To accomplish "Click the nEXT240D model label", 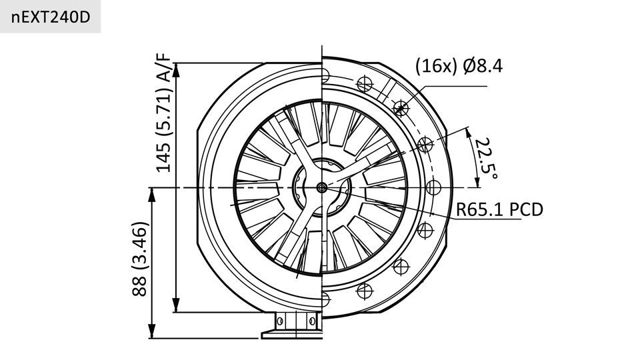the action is (x=50, y=17).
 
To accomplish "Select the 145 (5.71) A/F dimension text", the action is (x=164, y=113).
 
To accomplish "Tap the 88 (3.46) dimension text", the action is (x=139, y=259).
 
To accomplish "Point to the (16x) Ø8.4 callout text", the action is (x=459, y=66).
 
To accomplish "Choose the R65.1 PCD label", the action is (x=499, y=209).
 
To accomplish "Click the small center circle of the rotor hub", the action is (x=321, y=187).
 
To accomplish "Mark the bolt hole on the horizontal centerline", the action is (x=433, y=188).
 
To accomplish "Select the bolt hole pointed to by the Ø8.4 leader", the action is (x=401, y=108).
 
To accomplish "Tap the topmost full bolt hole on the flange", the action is (x=365, y=84).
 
